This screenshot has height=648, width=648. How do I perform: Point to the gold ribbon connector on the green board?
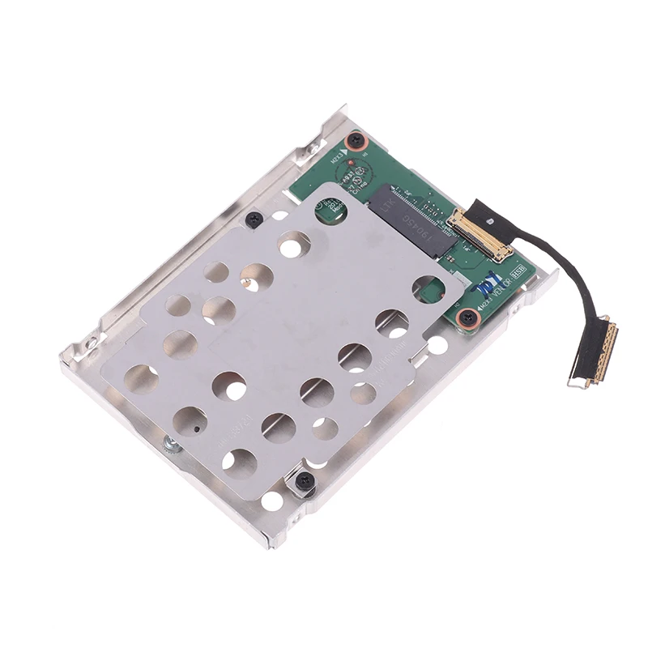coord(479,226)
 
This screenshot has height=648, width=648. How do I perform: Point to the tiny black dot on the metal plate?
coord(197,425)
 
